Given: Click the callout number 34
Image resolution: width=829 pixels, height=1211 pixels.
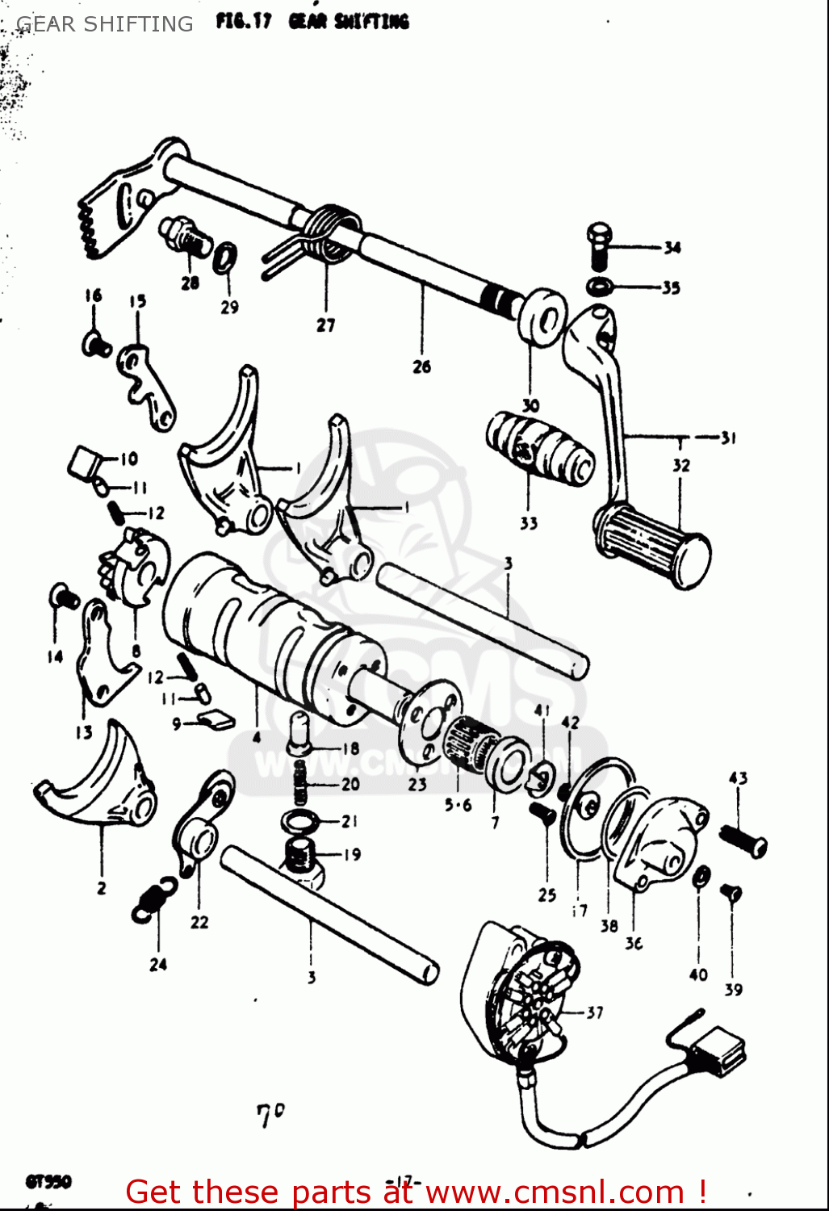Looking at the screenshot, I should pyautogui.click(x=672, y=248).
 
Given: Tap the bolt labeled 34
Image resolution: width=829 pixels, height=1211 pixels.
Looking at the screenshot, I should pyautogui.click(x=598, y=245).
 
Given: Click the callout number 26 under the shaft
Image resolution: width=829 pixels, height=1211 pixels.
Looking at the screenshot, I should pyautogui.click(x=421, y=367).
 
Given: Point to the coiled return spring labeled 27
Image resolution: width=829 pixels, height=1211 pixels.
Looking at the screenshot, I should pyautogui.click(x=327, y=233).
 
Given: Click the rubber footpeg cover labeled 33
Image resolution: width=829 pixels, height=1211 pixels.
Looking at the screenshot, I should pyautogui.click(x=539, y=449).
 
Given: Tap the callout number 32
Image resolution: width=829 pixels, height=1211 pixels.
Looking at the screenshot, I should pyautogui.click(x=681, y=465).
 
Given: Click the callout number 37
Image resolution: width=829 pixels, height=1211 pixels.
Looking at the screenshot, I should pyautogui.click(x=595, y=1012).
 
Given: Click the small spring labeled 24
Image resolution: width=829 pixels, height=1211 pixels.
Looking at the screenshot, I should pyautogui.click(x=153, y=899).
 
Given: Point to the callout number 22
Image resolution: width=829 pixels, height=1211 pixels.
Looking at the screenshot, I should pyautogui.click(x=199, y=922).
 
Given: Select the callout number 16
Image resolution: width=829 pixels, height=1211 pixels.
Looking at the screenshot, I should pyautogui.click(x=94, y=295).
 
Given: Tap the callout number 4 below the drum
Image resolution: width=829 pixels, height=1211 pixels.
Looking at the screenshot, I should pyautogui.click(x=256, y=737).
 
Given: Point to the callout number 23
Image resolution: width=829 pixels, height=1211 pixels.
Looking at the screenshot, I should pyautogui.click(x=417, y=784).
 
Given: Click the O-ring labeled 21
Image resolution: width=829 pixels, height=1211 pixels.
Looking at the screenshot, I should pyautogui.click(x=300, y=822).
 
